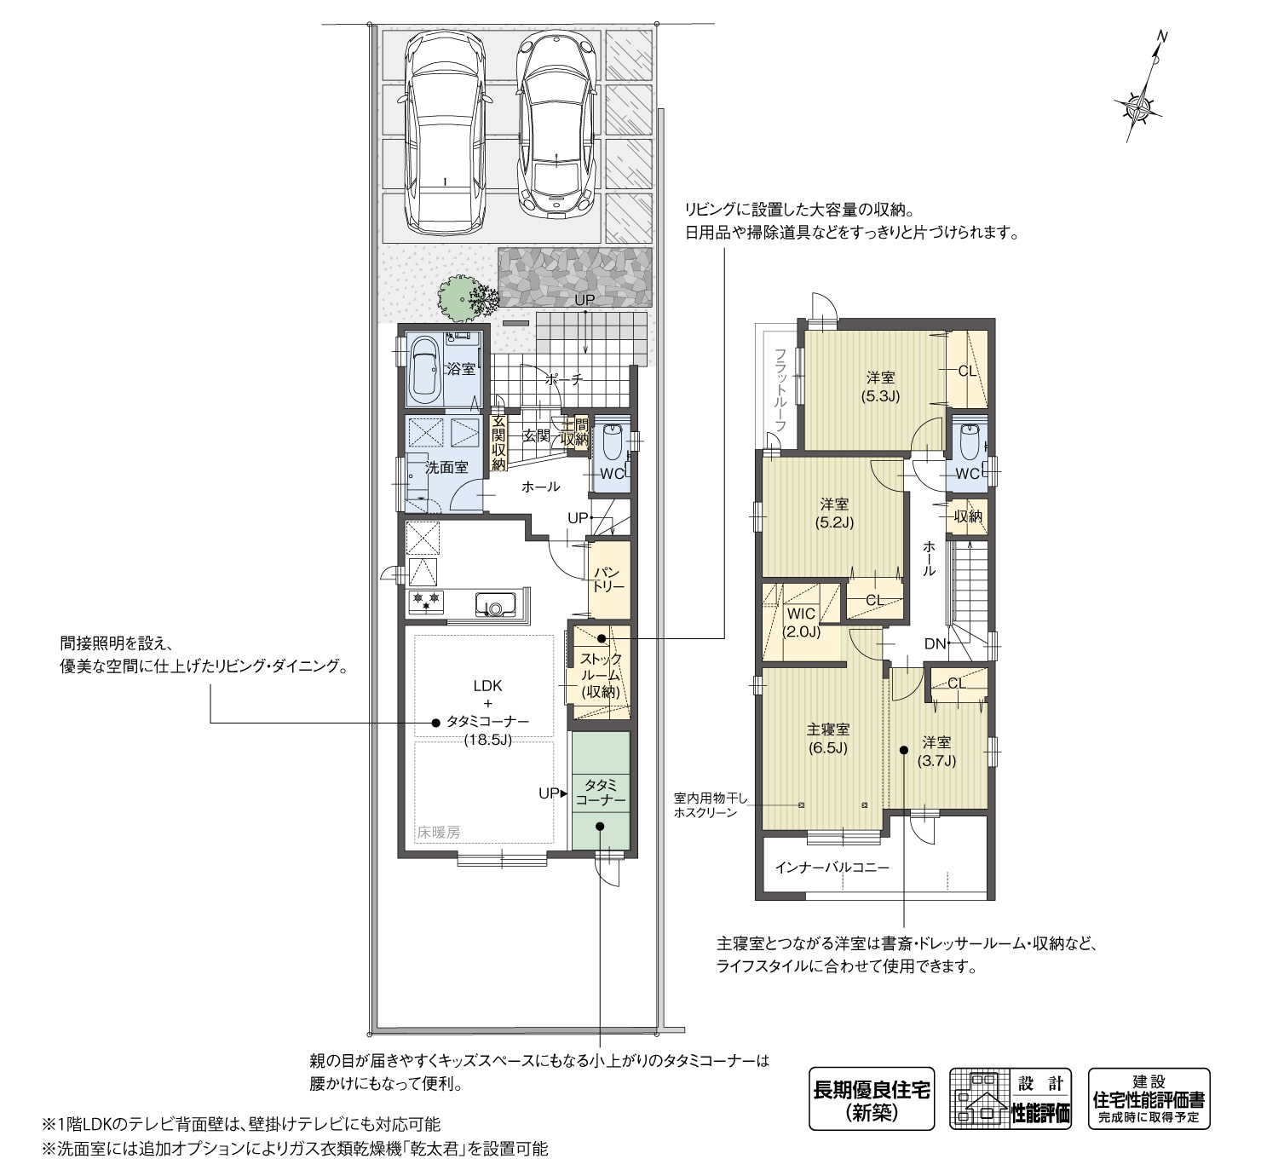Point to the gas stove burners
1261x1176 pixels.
[426, 602]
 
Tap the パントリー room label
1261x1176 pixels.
[608, 579]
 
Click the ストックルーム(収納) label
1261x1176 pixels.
[601, 676]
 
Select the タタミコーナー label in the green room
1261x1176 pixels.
[600, 793]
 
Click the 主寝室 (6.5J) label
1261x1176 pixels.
[827, 738]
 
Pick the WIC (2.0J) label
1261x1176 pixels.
[801, 623]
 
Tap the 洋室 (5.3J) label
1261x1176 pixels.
[881, 387]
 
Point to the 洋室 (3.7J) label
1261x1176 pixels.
[936, 752]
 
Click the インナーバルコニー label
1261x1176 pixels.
[831, 868]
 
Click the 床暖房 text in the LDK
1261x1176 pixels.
[439, 833]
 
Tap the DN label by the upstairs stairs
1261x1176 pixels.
[936, 643]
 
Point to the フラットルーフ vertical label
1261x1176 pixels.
[780, 389]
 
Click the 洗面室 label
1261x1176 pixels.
[446, 468]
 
